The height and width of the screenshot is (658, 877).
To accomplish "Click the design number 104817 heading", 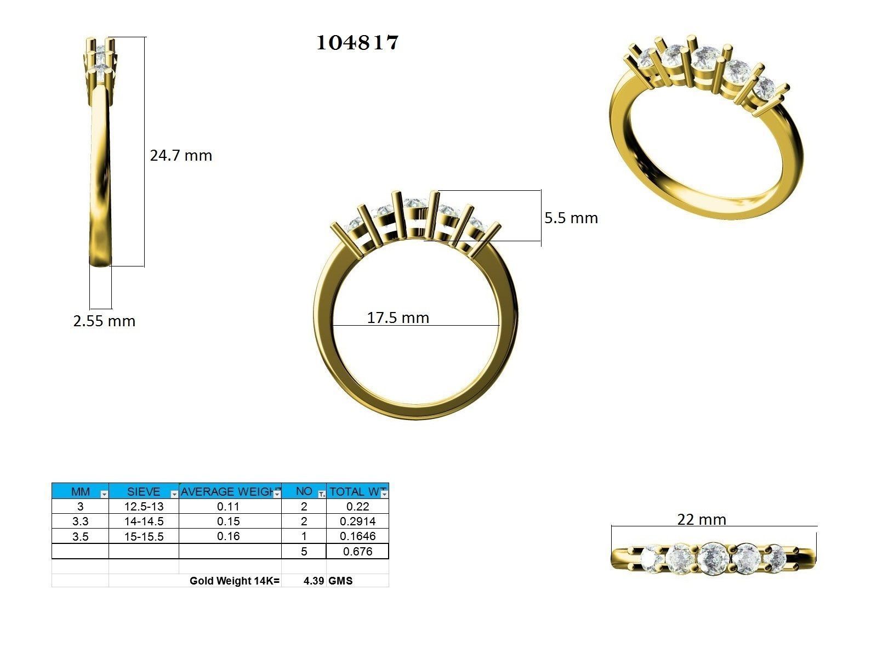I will pos(357,43).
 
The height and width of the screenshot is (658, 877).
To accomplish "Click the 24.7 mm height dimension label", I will pos(181,156).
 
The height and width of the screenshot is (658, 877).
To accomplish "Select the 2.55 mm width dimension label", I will pos(104,321).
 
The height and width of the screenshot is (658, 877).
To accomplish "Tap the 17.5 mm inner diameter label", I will pos(398,317).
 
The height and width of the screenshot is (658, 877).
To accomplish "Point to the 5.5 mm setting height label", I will pos(571,218).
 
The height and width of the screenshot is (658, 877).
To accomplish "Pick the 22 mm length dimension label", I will pos(701,519).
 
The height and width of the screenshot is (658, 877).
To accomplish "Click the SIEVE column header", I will pos(143,491).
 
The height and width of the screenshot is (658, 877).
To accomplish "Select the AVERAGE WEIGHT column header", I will pos(226,491).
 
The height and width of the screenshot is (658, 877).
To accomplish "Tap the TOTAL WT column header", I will pos(354,491).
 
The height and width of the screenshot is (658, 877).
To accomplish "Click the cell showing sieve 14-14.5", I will pos(144,521).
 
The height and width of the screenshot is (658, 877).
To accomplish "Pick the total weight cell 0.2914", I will pos(357,521).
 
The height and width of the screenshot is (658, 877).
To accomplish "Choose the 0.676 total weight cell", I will pos(357,552).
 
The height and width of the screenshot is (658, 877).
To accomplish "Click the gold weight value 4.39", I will pos(314,581).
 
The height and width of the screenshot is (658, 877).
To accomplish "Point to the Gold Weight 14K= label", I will pos(234,581).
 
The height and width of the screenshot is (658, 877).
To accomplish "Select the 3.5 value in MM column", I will pos(80,536).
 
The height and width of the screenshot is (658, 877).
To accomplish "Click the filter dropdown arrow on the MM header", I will pos(104,494).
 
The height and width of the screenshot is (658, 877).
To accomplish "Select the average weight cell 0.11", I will pos(228,507).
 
